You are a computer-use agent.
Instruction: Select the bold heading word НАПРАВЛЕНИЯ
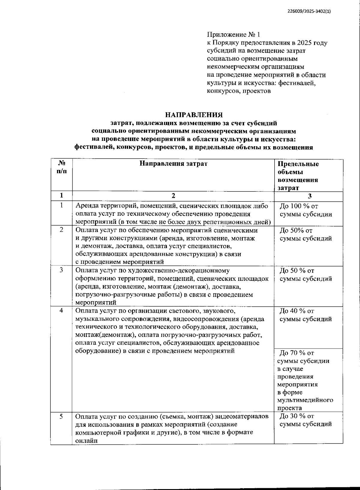point(194,115)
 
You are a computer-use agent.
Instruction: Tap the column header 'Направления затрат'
point(173,164)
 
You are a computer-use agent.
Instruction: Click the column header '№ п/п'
point(61,167)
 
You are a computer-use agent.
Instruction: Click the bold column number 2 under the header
point(173,196)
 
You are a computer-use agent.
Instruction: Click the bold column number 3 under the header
point(310,196)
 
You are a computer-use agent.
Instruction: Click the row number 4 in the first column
point(61,310)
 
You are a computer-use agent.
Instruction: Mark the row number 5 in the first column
point(61,416)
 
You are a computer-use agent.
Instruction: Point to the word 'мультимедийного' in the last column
point(305,400)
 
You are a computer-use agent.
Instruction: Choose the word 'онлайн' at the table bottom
point(87,440)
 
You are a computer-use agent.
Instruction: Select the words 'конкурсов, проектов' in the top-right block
point(239,91)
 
